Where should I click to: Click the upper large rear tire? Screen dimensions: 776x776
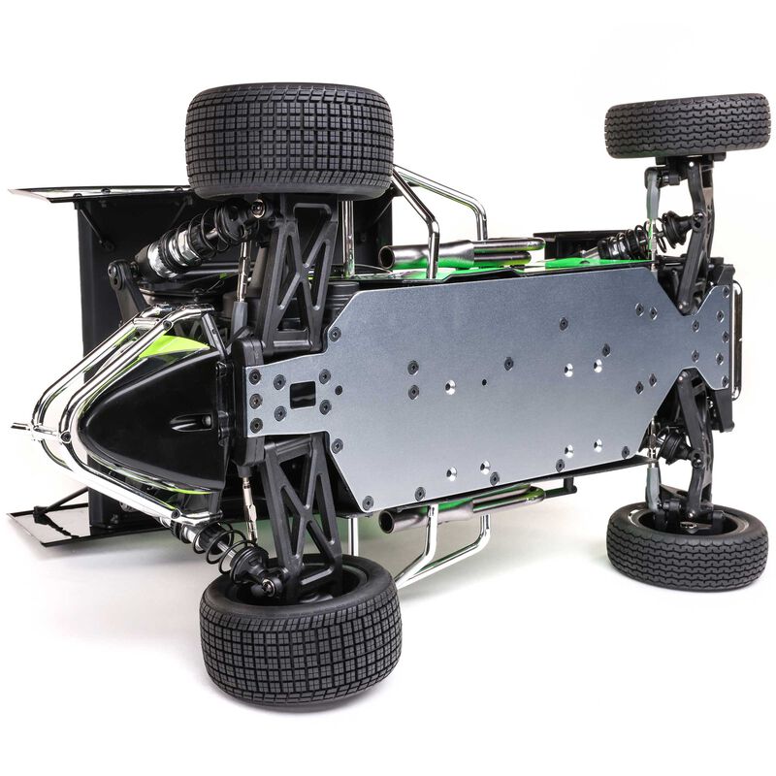[x=289, y=141]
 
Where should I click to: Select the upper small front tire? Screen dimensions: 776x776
[x=687, y=126]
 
